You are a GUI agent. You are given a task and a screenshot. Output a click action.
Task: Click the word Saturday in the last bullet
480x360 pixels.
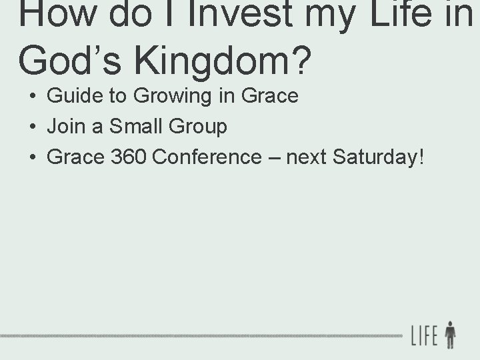point(377,157)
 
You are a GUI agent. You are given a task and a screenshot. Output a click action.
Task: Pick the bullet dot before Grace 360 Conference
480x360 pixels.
point(32,157)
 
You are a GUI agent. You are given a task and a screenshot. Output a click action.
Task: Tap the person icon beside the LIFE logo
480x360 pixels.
point(451,335)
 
